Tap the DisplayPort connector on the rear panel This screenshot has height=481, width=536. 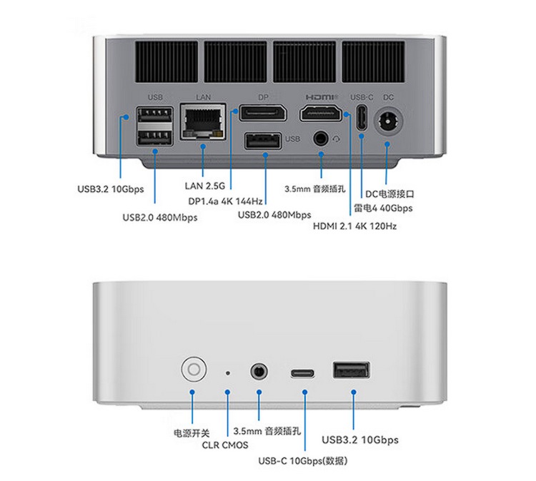coord(262,112)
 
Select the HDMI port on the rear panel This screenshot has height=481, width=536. coord(321,112)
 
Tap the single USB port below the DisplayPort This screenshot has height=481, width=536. coord(263,142)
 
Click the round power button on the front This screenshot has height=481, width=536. coord(193,370)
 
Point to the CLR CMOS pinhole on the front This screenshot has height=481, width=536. coord(228,372)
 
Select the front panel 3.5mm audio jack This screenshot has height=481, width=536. coord(259,371)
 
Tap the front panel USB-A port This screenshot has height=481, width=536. coord(351,370)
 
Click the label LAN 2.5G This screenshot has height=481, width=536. coord(205,186)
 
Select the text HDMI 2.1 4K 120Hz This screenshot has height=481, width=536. coord(354,226)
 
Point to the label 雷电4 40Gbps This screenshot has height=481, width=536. coord(383,208)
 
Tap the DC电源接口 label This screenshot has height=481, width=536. coord(390,193)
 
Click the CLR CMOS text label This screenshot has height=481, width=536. coord(225,445)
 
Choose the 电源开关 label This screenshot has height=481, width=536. coord(192,432)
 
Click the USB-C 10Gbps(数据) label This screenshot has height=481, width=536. coord(303,461)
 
